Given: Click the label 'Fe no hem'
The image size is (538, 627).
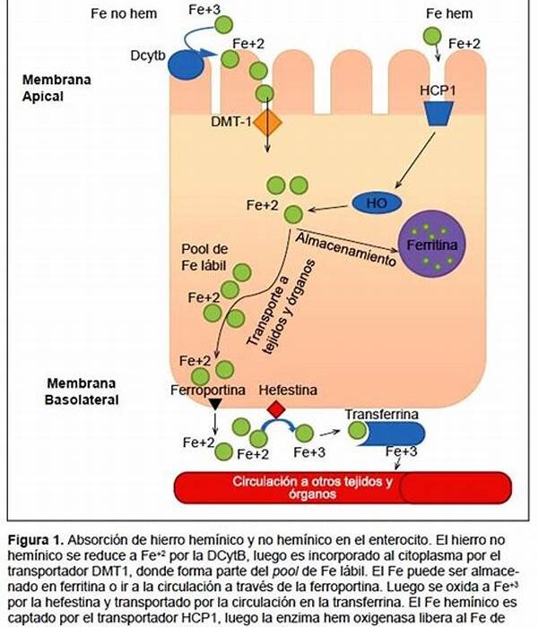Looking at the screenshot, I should coord(122,15).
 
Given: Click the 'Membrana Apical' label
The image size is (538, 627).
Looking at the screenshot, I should coord(56,87).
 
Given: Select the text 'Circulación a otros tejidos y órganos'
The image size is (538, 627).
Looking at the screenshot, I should coord(314,487).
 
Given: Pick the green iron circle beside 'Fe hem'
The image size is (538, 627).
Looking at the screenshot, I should coord(432,36).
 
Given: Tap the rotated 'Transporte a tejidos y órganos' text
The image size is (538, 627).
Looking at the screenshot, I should coord(278,309).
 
